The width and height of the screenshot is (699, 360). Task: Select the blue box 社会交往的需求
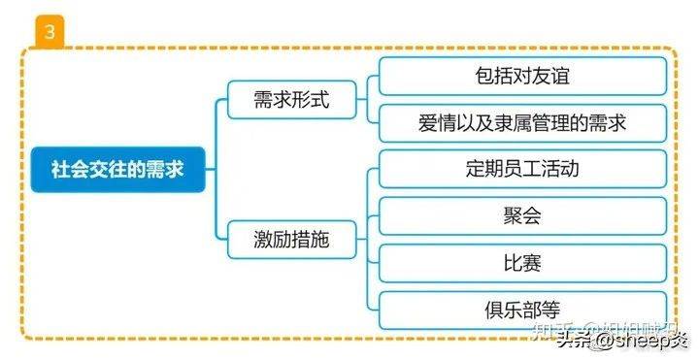117,169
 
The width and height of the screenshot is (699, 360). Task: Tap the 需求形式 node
291,100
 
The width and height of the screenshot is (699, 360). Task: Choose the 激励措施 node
291,240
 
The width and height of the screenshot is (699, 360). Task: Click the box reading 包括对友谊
522,76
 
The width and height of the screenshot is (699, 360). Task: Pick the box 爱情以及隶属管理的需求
522,123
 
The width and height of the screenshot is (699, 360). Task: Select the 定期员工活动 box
522,169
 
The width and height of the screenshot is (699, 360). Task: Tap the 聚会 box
522,216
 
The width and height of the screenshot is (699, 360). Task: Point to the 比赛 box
522,263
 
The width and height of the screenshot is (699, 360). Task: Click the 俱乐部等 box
522,310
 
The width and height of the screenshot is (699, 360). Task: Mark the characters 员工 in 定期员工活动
522,169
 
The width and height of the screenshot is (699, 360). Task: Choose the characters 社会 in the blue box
69,169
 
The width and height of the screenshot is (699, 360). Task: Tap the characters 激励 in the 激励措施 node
273,240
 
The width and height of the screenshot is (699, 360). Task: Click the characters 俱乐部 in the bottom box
513,310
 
